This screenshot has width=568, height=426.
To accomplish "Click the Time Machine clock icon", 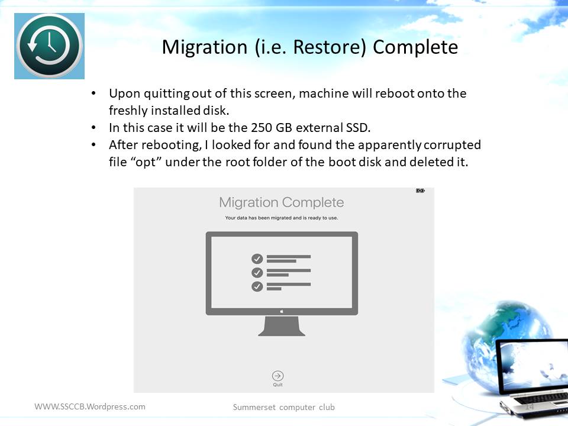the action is point(49,46).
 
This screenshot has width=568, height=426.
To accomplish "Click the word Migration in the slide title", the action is point(205,47).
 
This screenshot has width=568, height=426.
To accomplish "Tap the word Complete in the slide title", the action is point(415,47).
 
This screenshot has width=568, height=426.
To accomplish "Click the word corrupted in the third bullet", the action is point(452,145).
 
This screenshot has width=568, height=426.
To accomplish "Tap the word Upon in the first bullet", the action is point(125,94).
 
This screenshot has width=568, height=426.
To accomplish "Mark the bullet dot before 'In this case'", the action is point(93,128).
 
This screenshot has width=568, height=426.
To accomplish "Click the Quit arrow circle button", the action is point(278,376).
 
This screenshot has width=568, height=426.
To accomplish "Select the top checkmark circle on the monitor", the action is point(257,259).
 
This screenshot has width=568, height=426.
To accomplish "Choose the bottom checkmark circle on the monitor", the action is point(257,286).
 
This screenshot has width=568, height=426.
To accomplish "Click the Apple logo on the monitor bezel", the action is point(282,311).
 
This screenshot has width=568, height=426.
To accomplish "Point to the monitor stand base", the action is point(282,326).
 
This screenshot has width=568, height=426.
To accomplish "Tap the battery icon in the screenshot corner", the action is point(420,191).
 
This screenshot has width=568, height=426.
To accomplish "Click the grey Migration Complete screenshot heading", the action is point(282,202).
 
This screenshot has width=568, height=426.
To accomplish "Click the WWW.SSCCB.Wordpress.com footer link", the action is point(90,406).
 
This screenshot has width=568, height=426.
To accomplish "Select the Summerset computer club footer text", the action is point(283,407).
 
